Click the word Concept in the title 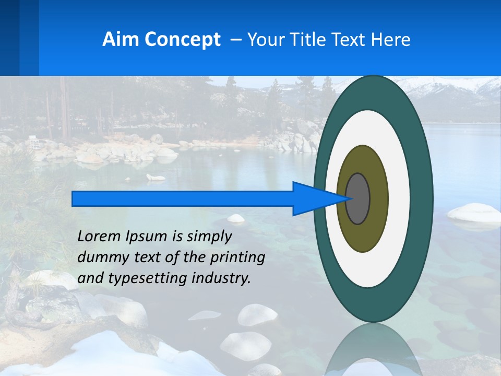tap(182, 40)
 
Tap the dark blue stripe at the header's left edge tap(9, 38)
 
